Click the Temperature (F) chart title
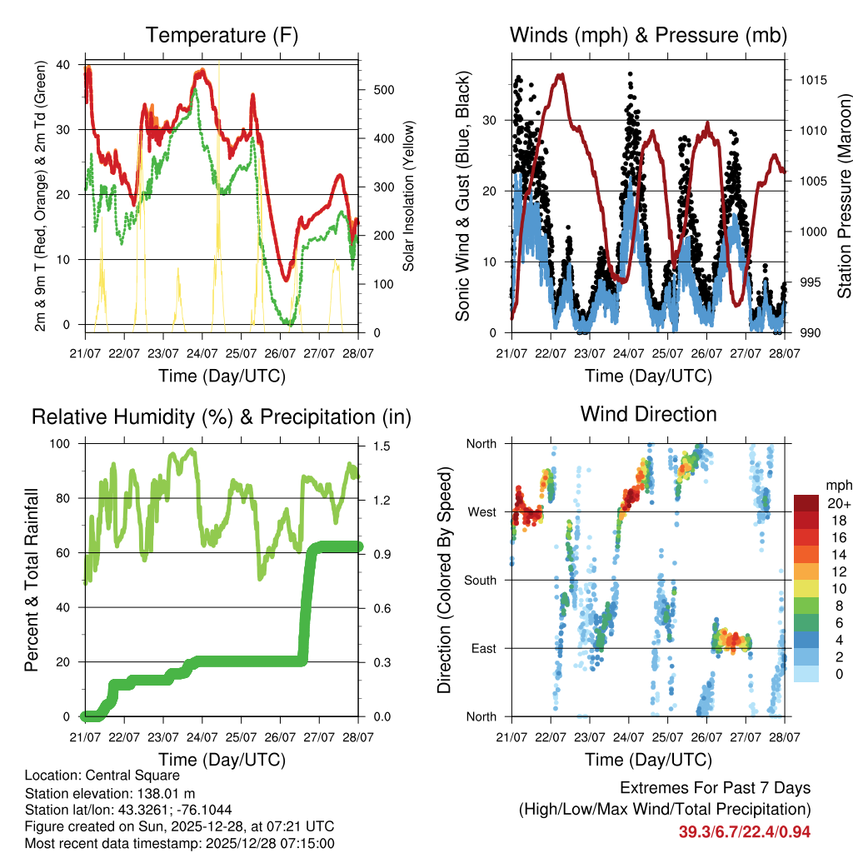click(x=222, y=36)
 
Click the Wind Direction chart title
click(x=648, y=414)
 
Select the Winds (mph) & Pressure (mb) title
click(x=648, y=36)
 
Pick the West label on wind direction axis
click(x=481, y=511)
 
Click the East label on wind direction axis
click(x=482, y=648)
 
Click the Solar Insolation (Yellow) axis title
click(x=408, y=196)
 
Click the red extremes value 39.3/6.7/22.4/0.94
click(x=744, y=831)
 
